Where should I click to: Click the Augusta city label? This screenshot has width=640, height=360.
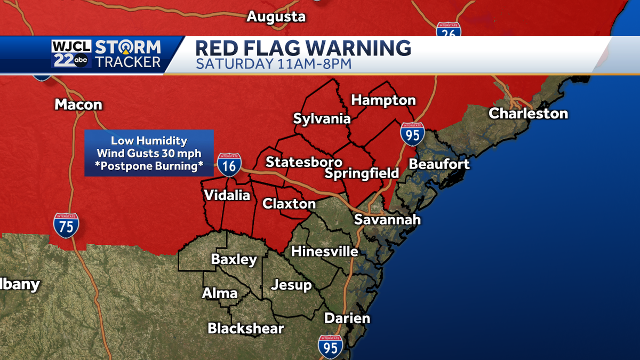tap(276, 17)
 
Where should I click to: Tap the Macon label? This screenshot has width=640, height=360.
tap(78, 105)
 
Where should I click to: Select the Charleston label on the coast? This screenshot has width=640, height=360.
tap(528, 114)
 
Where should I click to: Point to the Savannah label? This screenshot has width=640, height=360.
tap(388, 220)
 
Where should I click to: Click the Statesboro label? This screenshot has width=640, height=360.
tap(304, 162)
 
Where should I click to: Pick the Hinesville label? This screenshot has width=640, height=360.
tap(324, 251)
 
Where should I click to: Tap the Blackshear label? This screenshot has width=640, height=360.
tap(246, 328)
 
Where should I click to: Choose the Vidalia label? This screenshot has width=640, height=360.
tap(227, 195)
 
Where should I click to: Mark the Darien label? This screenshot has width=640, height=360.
tap(347, 318)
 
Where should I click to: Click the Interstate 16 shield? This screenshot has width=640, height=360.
tap(229, 165)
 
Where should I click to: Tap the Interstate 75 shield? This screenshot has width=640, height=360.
tap(66, 225)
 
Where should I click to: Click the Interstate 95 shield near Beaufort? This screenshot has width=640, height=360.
tap(413, 134)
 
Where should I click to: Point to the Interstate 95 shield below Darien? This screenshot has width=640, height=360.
tap(330, 347)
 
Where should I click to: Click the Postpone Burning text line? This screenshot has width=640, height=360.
tap(149, 166)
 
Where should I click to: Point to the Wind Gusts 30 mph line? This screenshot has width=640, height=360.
tap(149, 154)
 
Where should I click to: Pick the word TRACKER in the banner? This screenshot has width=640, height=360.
tap(127, 62)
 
